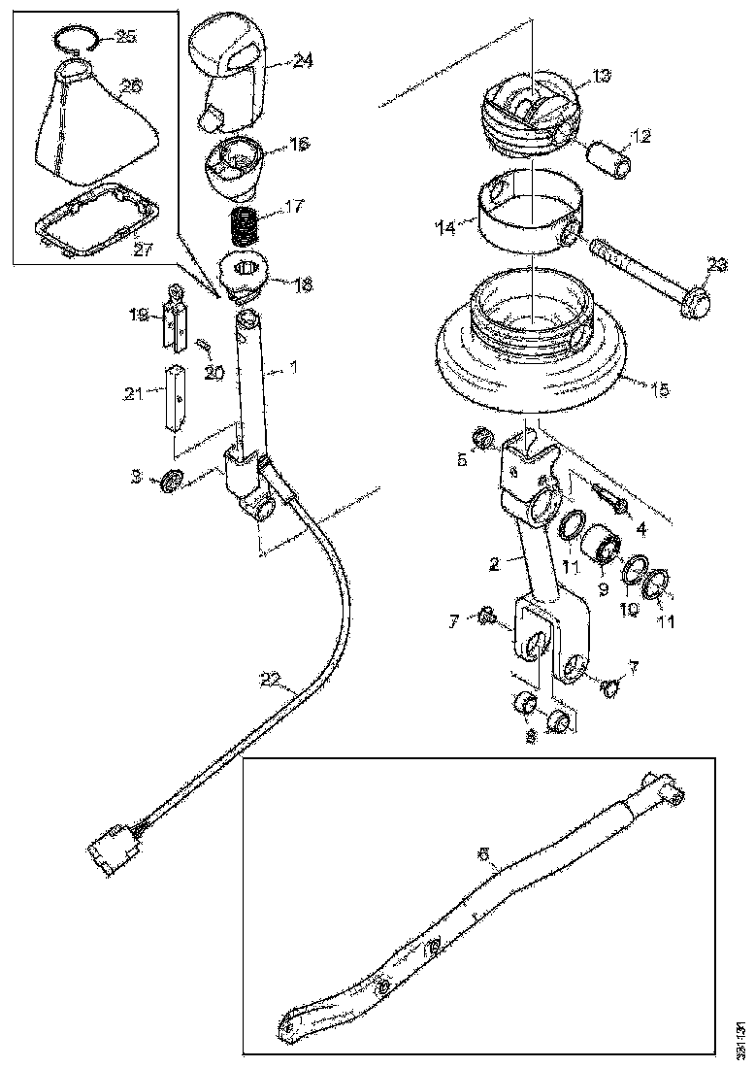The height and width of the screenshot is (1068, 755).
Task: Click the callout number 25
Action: (126, 37)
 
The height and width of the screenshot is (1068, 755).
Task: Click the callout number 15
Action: (659, 389)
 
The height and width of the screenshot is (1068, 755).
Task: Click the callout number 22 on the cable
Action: (273, 680)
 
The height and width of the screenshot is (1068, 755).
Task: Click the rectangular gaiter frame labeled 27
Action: (93, 227)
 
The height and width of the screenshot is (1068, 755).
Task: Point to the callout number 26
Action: (130, 86)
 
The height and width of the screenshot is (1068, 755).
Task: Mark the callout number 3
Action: (139, 476)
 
